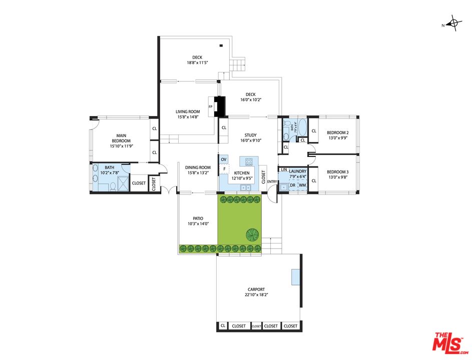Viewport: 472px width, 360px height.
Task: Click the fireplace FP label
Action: pos(211,107)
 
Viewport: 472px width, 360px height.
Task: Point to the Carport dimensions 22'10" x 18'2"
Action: pos(256,295)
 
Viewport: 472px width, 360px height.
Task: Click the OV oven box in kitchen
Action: pos(224,159)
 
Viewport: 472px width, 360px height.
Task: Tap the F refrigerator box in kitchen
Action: pos(224,169)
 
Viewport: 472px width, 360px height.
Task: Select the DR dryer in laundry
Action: pos(293,185)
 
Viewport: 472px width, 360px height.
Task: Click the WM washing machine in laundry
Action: pos(302,185)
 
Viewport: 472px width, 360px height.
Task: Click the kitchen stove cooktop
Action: pos(249,161)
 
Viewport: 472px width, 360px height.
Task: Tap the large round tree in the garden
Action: pos(252,233)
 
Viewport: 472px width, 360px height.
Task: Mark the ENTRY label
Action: pos(272,181)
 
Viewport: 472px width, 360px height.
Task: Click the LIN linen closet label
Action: pos(284,170)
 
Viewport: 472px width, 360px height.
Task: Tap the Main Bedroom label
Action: pos(121,138)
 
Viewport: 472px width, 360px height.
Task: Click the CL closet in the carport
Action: pos(223,326)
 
